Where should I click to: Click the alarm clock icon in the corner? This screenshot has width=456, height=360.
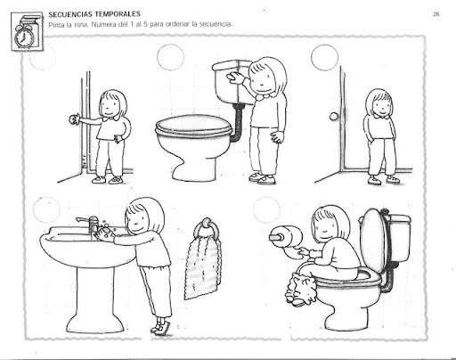point(24,35)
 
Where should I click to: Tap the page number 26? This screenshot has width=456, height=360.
point(436,13)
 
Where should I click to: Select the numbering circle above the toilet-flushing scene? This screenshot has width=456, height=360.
point(170,57)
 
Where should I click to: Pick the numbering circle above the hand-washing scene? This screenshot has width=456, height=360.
point(46,209)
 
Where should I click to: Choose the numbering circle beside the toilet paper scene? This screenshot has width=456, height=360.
point(266,209)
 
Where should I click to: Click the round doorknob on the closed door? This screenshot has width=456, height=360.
point(334,117)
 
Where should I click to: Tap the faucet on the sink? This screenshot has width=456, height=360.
point(89,224)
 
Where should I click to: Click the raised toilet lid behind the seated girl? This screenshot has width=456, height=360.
point(372,241)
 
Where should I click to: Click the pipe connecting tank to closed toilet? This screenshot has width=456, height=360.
point(238,122)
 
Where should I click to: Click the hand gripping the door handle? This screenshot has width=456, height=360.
point(74,119)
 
